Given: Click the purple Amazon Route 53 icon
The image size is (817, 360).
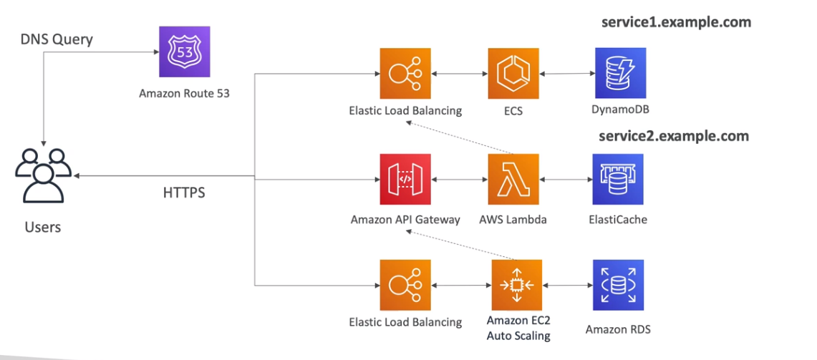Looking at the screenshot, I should (x=184, y=52).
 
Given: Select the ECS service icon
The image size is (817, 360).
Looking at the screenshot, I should (x=513, y=73).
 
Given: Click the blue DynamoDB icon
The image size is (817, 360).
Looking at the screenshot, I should (x=620, y=73).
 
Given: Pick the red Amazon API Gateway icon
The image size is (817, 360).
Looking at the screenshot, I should (x=405, y=179).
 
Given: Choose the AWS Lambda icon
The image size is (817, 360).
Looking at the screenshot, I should (x=513, y=179).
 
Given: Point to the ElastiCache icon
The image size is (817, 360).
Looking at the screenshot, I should (x=618, y=179).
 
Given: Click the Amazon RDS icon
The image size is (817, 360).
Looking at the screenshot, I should (x=618, y=285).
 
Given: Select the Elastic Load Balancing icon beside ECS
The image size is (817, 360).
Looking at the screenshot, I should (x=405, y=73).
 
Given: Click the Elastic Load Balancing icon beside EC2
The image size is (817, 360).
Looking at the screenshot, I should (x=405, y=285).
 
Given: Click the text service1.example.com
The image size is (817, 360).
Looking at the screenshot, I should (x=676, y=22).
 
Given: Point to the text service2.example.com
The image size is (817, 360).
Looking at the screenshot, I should (x=674, y=136).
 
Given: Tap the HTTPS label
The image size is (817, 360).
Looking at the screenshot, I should (x=184, y=193).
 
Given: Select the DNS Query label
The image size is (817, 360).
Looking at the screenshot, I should (x=57, y=39).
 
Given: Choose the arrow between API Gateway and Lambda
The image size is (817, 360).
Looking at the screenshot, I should (x=459, y=179).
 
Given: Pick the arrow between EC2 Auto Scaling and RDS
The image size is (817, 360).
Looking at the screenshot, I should (x=567, y=285).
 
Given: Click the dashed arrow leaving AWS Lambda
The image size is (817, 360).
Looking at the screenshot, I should (x=458, y=137).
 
